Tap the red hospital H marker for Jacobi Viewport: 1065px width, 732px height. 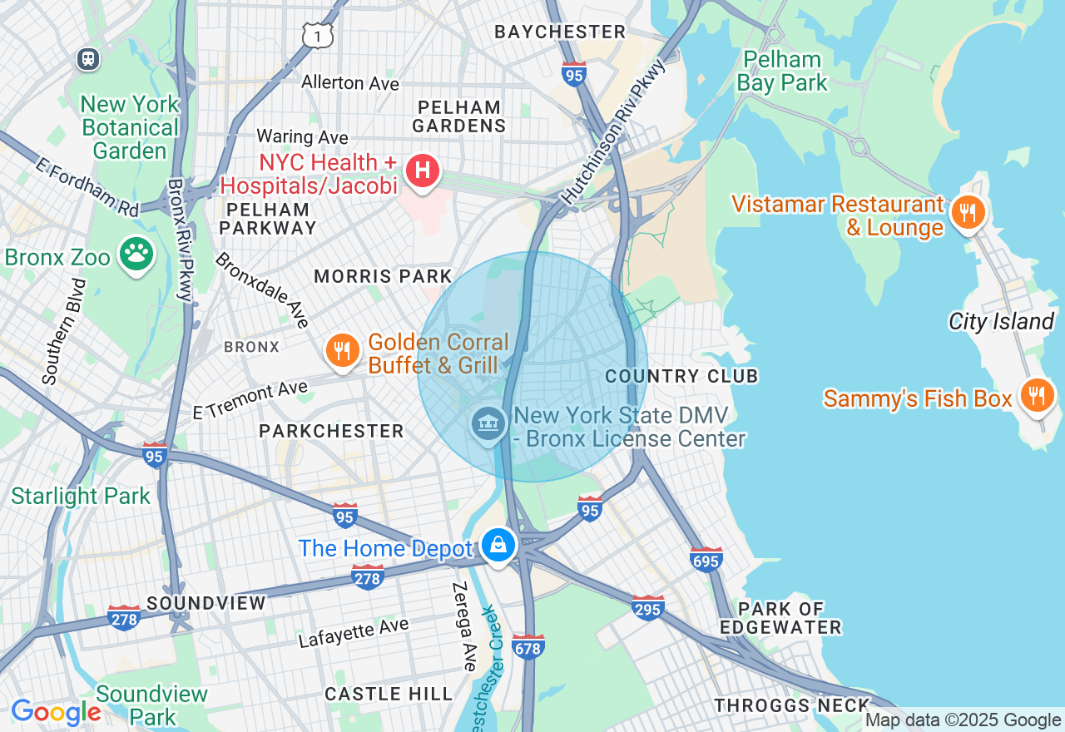422,171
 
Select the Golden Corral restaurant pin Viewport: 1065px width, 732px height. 342,349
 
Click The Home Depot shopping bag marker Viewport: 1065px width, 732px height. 498,546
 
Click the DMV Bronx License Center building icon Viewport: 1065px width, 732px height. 488,423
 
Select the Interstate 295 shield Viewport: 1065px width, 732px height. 647,607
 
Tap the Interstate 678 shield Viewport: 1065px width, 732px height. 529,645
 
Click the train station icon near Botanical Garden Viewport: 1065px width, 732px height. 87,59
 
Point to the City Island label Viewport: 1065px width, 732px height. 1001,321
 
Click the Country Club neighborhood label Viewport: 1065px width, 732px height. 681,376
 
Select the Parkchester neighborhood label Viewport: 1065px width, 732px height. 331,431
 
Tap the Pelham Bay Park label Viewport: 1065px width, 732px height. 782,71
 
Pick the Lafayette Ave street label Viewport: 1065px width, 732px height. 354,632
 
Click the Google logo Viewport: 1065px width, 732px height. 56,712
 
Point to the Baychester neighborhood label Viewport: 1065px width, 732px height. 559,32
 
